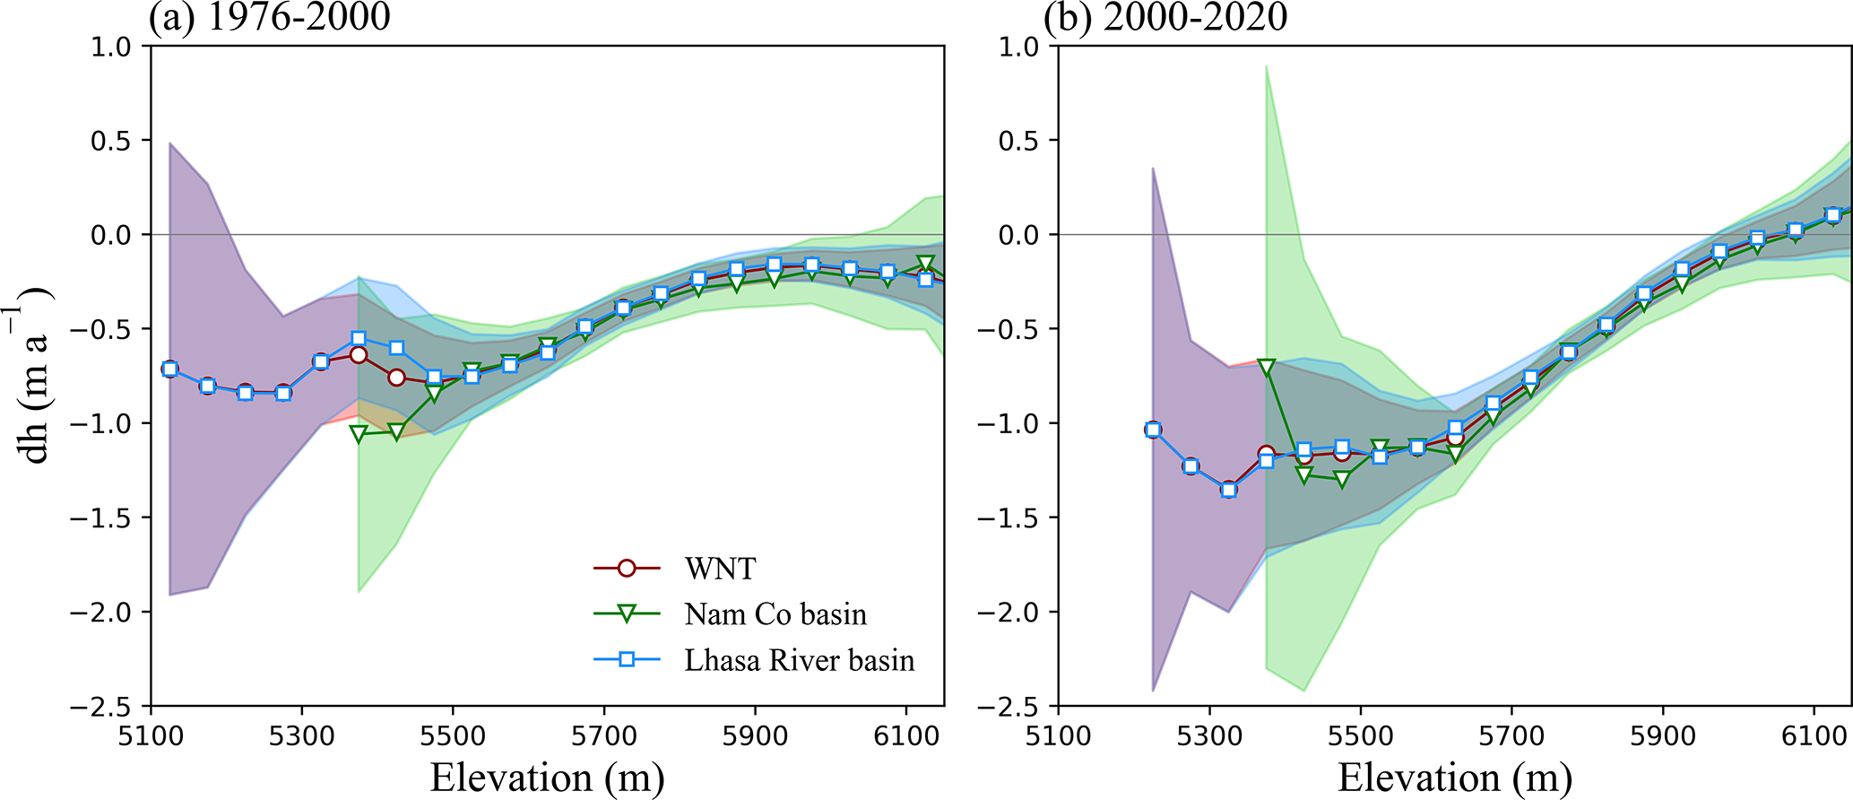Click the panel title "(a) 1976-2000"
click(270, 17)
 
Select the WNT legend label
click(720, 569)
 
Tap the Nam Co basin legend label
click(775, 614)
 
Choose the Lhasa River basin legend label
click(800, 661)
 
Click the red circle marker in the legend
click(627, 569)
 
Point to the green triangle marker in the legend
click(627, 614)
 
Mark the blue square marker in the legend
click(627, 660)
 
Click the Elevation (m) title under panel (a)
click(547, 777)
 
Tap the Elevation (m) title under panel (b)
click(1455, 777)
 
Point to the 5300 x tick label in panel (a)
click(302, 736)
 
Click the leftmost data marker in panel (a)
click(169, 370)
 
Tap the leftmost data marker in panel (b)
click(1153, 430)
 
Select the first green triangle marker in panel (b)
click(1266, 367)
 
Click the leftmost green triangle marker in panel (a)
click(359, 434)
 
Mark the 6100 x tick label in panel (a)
click(906, 736)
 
